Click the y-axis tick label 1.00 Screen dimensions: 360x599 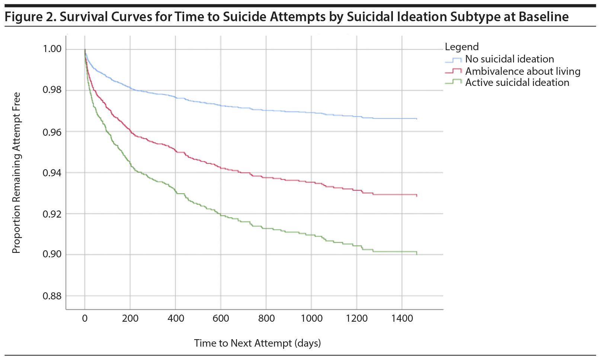(52, 49)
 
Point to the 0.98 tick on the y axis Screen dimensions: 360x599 (52, 90)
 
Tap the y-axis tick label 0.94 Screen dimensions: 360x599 (52, 173)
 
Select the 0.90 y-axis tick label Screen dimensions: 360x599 (52, 254)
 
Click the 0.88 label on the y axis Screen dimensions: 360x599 (52, 296)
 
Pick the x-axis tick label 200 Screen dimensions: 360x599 (130, 318)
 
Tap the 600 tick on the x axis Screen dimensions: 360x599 (221, 318)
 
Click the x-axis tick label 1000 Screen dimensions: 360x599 (311, 318)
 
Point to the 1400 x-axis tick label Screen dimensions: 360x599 (402, 318)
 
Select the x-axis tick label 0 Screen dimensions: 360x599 (85, 318)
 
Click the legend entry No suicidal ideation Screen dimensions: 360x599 (509, 59)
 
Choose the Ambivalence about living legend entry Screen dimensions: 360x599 (522, 71)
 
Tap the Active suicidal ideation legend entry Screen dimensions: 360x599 (517, 83)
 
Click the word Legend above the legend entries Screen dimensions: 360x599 (462, 47)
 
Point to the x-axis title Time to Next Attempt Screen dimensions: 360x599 (257, 343)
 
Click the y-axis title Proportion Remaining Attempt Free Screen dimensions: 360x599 (16, 173)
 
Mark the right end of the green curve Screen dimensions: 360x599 (417, 253)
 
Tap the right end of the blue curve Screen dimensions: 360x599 (417, 119)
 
